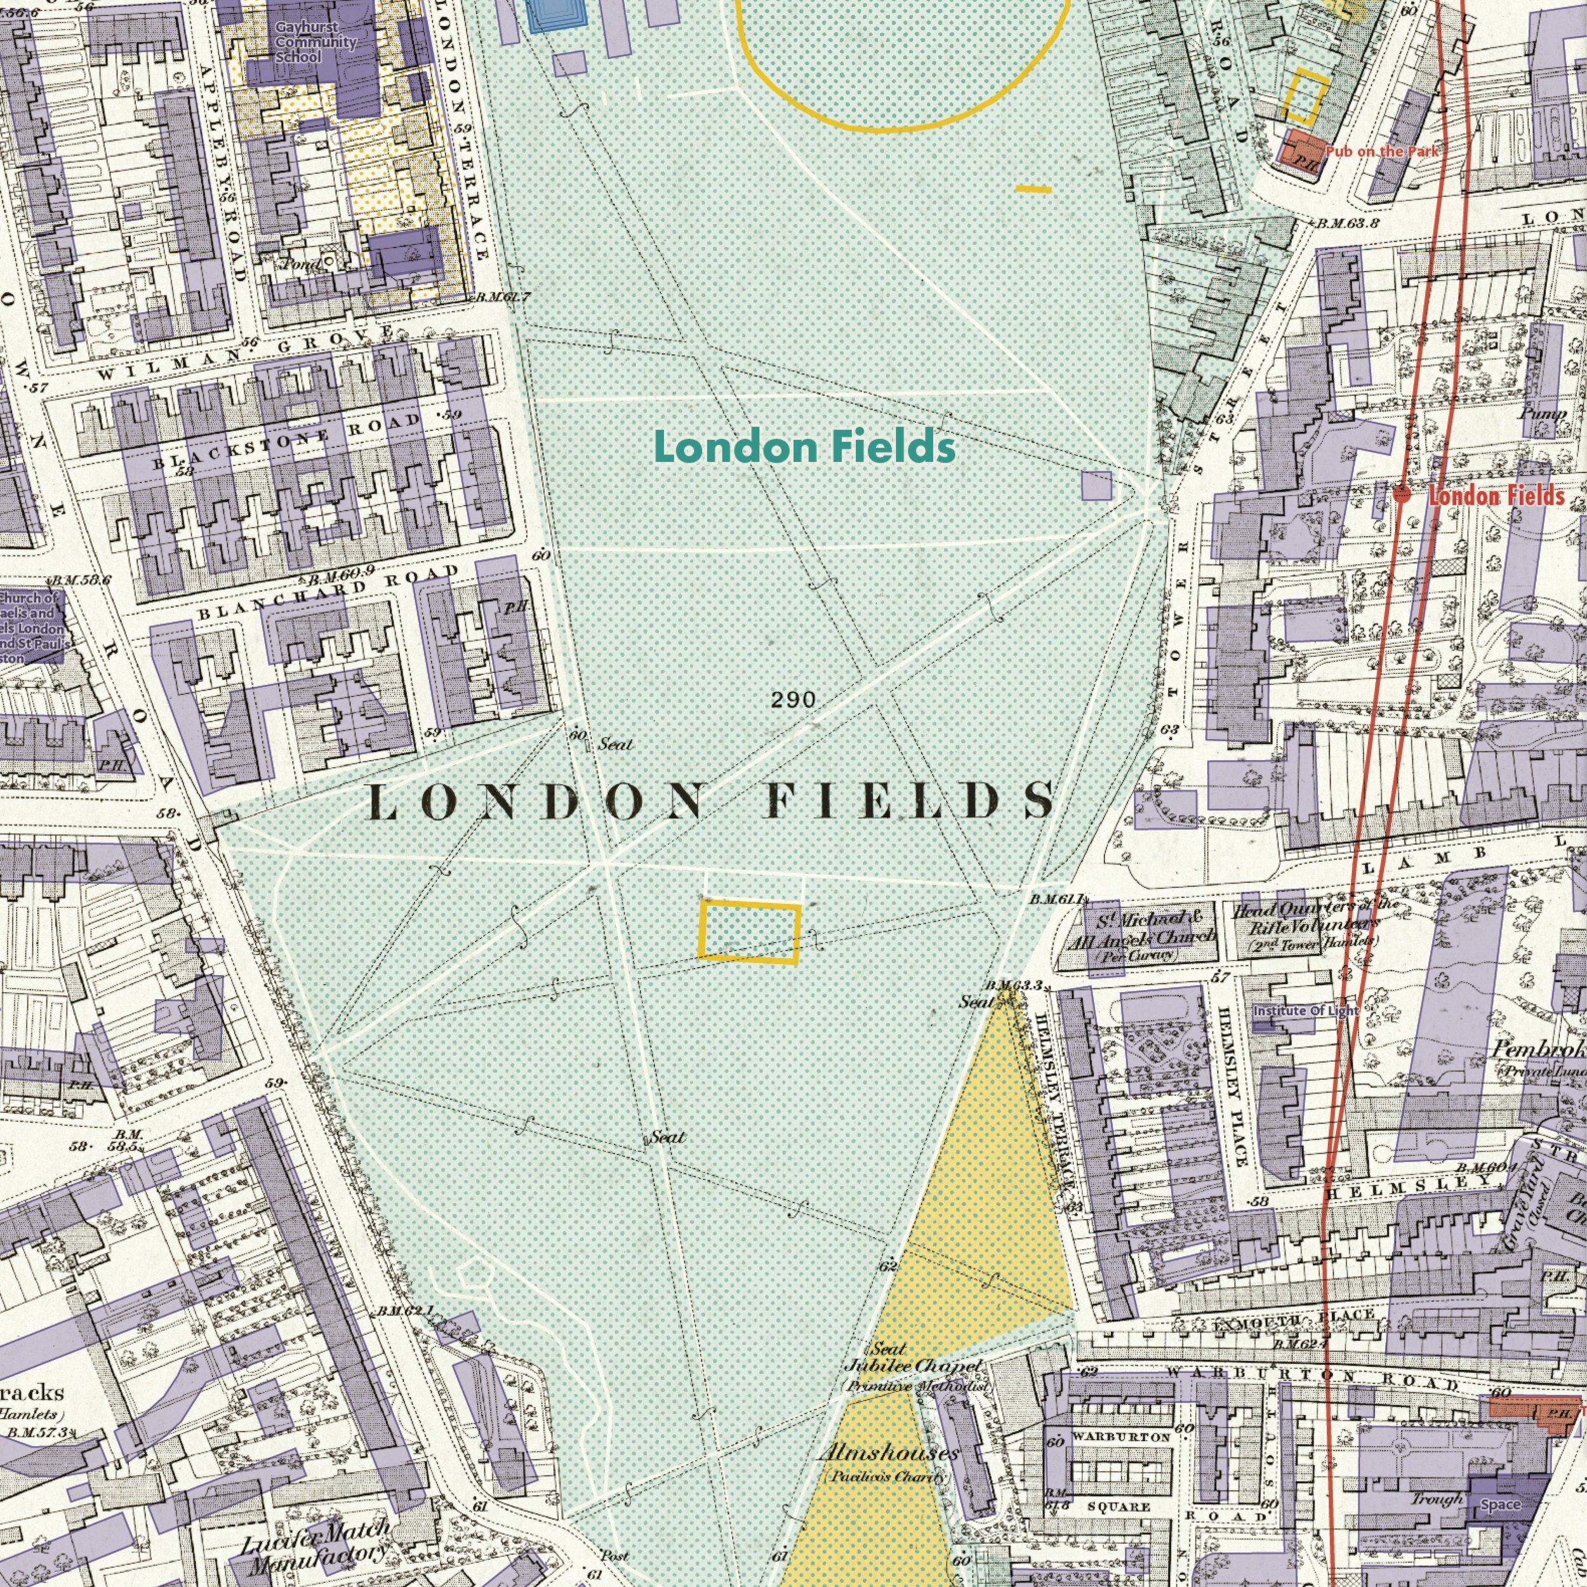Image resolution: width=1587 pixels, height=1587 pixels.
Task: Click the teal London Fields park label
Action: [804, 448]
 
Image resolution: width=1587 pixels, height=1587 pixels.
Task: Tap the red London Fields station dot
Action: [1402, 494]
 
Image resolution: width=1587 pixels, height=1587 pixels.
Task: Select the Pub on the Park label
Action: [1382, 150]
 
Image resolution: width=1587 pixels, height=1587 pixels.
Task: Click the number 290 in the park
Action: [793, 700]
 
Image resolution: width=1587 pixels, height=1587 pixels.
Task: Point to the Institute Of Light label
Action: [1305, 1011]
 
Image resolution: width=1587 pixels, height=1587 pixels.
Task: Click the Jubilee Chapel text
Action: [913, 1365]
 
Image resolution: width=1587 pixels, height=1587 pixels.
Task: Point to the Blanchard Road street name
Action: [329, 592]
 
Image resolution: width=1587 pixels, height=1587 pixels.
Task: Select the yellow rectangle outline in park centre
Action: [748, 931]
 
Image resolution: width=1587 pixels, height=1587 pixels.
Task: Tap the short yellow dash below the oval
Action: [1033, 190]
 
